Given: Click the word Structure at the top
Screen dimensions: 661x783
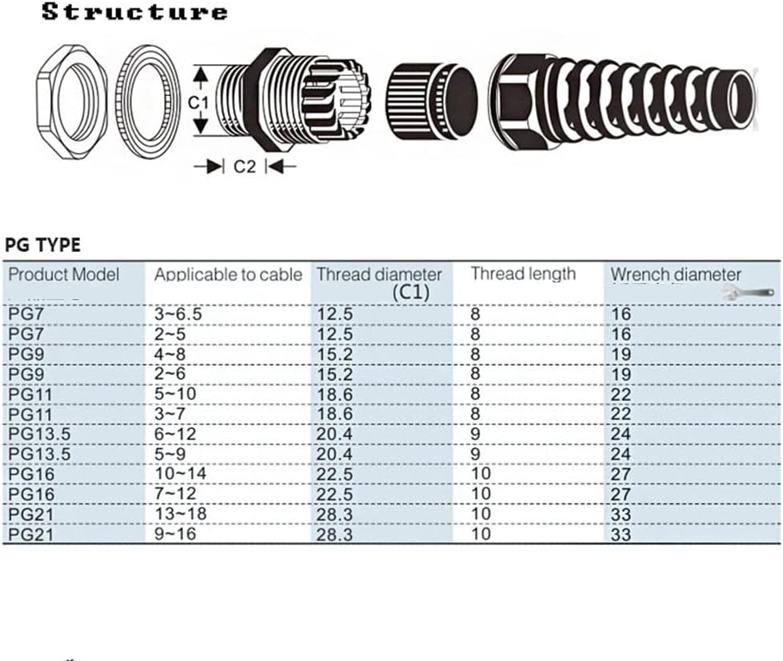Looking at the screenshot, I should click(x=134, y=12).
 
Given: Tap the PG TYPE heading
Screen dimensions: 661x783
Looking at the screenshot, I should click(x=42, y=244).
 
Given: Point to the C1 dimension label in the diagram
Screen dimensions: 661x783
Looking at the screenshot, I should click(x=198, y=102).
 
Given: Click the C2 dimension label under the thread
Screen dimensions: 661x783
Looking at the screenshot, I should click(x=244, y=166).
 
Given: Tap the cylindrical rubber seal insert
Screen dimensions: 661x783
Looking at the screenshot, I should click(x=432, y=100).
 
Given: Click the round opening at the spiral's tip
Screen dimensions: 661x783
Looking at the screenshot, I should click(x=741, y=99).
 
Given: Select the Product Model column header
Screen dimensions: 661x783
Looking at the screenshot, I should click(x=64, y=274).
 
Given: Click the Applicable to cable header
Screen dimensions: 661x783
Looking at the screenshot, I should click(x=228, y=274).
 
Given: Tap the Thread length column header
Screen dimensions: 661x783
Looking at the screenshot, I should click(x=523, y=274).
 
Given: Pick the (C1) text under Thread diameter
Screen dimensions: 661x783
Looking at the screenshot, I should click(x=411, y=292).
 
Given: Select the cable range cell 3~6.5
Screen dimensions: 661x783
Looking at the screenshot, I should click(x=178, y=314).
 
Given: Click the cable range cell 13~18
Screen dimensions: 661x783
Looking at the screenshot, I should click(x=180, y=513).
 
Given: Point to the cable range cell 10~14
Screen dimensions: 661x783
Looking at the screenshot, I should click(x=180, y=473).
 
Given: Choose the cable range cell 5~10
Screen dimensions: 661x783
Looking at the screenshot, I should click(x=174, y=394).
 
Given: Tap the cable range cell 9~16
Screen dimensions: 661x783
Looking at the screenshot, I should click(x=174, y=533).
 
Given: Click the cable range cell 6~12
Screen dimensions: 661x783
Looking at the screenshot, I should click(x=174, y=434).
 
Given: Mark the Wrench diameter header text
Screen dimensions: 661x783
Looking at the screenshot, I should click(x=676, y=274).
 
